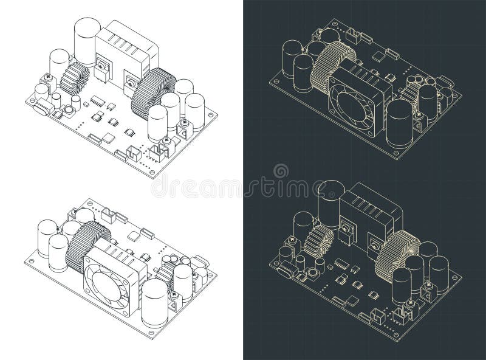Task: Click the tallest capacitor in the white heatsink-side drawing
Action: coord(85,40)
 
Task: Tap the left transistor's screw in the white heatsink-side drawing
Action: coord(100,66)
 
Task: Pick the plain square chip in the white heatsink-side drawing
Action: coord(109,138)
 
